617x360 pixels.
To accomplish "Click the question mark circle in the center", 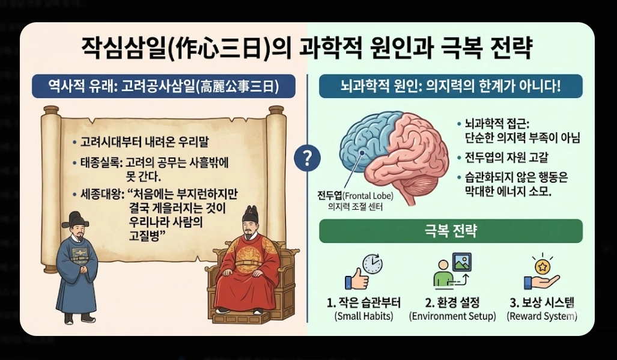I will (x=307, y=158).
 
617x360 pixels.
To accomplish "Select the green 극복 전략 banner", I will (x=451, y=231).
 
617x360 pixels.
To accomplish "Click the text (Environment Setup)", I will (x=452, y=316).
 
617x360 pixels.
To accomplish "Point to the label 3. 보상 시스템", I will (x=543, y=302).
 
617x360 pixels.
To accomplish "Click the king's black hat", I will (x=250, y=212).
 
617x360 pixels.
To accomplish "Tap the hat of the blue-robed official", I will (x=76, y=219).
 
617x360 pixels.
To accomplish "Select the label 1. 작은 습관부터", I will (x=363, y=302).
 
